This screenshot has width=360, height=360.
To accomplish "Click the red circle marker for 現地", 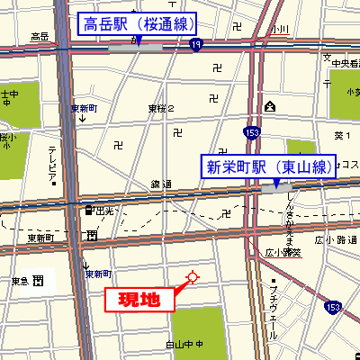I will (x=191, y=277).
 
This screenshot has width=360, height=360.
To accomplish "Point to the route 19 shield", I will (x=196, y=56).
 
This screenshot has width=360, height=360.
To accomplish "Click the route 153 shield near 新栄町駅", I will (x=253, y=132).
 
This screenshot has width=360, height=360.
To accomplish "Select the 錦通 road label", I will (x=162, y=184).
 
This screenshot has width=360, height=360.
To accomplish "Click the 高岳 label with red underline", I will (x=40, y=37).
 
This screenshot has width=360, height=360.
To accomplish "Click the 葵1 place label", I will (x=340, y=136).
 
